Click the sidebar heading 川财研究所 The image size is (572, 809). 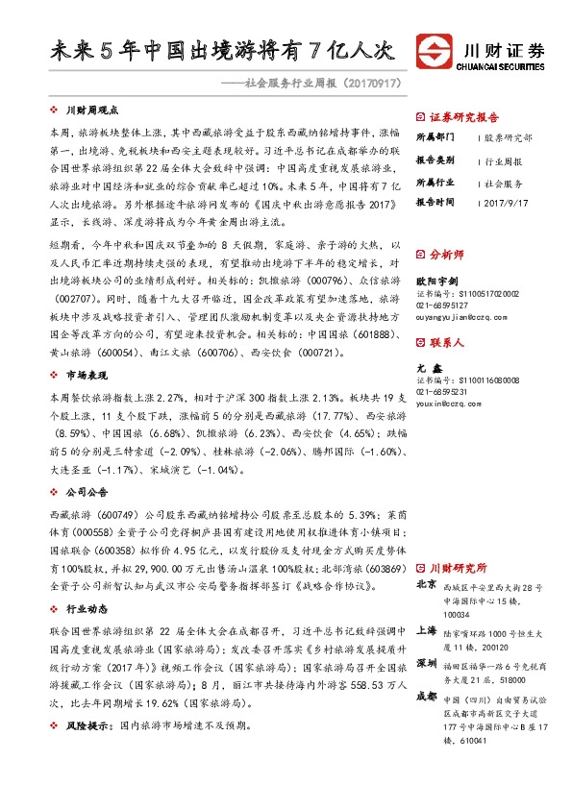click(x=458, y=568)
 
